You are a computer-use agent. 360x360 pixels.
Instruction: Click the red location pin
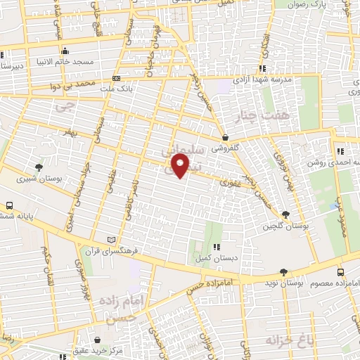[x=181, y=166]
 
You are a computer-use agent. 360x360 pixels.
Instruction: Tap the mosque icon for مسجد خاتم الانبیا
[x=65, y=51]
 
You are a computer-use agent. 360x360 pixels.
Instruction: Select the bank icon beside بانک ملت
[x=116, y=78]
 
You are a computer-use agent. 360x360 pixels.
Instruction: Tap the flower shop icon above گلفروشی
[x=225, y=137]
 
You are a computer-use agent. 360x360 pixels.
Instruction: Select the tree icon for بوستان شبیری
[x=39, y=167]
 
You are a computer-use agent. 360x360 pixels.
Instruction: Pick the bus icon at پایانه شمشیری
[x=9, y=205]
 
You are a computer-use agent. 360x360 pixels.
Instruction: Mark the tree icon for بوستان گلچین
[x=285, y=214]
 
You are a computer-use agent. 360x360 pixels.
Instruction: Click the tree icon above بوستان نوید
[x=283, y=271]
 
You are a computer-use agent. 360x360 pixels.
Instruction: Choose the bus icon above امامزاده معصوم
[x=340, y=272]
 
